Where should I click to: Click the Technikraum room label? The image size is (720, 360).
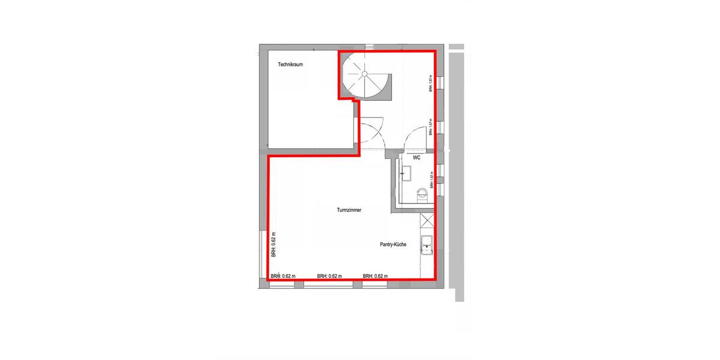pos(290,64)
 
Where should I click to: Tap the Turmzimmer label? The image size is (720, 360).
pos(349,210)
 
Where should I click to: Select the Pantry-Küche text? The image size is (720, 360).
pos(394,245)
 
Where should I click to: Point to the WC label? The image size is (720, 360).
pos(415,157)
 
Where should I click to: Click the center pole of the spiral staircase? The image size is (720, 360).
pos(364,74)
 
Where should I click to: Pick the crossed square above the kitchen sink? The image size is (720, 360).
pos(427,221)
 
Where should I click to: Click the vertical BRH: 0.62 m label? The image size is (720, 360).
pos(274,245)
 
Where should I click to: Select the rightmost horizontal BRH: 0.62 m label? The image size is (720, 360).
pos(375,276)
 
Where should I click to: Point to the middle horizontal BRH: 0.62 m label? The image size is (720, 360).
pos(329,276)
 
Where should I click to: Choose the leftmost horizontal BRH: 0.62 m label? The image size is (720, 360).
pos(283,276)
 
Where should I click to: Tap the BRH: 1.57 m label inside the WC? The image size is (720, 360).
pos(431,179)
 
